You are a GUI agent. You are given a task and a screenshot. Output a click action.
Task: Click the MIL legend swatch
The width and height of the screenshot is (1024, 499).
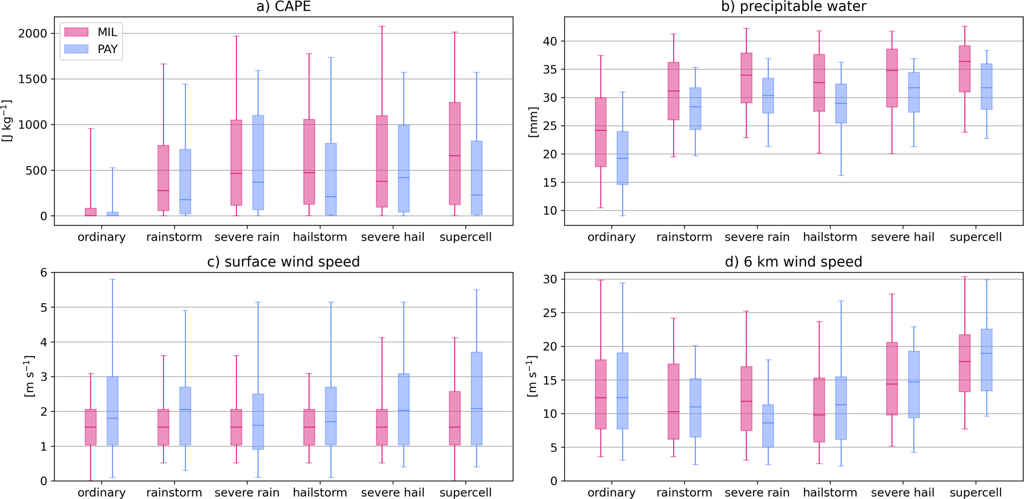point(76,32)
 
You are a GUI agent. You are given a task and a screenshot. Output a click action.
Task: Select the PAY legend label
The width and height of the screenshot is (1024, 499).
point(107,49)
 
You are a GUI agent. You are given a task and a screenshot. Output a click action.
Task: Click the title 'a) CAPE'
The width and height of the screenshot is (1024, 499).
point(283,6)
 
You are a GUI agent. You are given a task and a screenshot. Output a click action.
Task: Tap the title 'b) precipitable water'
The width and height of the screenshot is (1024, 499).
point(793,6)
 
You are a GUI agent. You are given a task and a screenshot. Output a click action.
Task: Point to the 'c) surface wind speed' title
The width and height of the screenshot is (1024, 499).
point(283,262)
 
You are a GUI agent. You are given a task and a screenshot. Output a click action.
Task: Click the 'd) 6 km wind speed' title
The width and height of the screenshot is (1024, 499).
point(793,262)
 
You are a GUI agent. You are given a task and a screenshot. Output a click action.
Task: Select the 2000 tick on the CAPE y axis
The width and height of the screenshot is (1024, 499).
point(32,33)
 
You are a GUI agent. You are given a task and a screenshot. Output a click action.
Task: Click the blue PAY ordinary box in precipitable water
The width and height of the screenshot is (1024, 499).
point(622,158)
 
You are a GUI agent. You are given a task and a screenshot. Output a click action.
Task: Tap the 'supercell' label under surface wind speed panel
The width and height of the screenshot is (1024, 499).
point(465,492)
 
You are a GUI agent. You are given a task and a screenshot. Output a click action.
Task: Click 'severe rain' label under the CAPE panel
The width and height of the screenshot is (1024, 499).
point(247,237)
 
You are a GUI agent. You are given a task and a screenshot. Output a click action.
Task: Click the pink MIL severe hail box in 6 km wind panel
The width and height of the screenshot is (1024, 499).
point(892,378)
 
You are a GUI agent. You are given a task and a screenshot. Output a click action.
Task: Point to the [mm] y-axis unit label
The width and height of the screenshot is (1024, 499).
point(533,121)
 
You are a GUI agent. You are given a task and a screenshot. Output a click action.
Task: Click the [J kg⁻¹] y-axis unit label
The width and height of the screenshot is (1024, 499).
point(7,121)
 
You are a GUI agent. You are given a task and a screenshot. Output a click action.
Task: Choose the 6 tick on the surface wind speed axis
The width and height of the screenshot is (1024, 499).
point(44,273)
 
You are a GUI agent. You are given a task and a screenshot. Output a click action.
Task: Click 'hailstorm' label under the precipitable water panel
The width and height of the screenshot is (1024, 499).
point(830,237)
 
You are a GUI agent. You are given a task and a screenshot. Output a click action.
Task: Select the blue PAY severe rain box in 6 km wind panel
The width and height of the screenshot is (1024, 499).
point(768,426)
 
